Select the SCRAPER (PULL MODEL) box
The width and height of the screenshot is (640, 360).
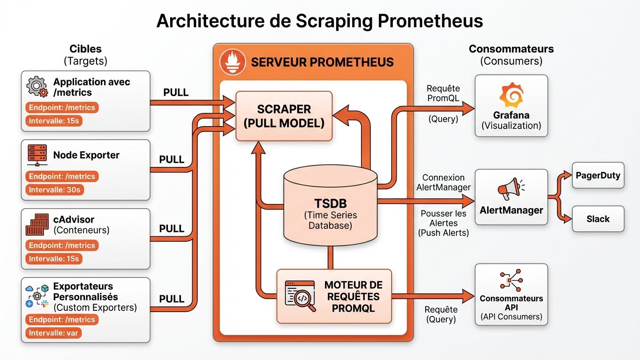point(284,116)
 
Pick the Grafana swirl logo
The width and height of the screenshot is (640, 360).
point(511,96)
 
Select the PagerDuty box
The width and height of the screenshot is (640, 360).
point(598,176)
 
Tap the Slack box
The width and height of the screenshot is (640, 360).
point(598,219)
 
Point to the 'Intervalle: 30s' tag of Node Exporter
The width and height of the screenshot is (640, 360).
point(55,190)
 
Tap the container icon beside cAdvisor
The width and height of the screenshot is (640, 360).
point(38,225)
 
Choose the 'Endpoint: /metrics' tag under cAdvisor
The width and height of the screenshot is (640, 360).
point(62,245)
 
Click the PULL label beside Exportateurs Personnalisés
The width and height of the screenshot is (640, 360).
point(172,299)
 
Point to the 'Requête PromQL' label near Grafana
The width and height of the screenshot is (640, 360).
point(443,93)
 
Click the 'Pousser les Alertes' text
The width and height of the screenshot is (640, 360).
point(444,218)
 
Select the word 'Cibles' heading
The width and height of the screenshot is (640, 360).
point(85,49)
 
